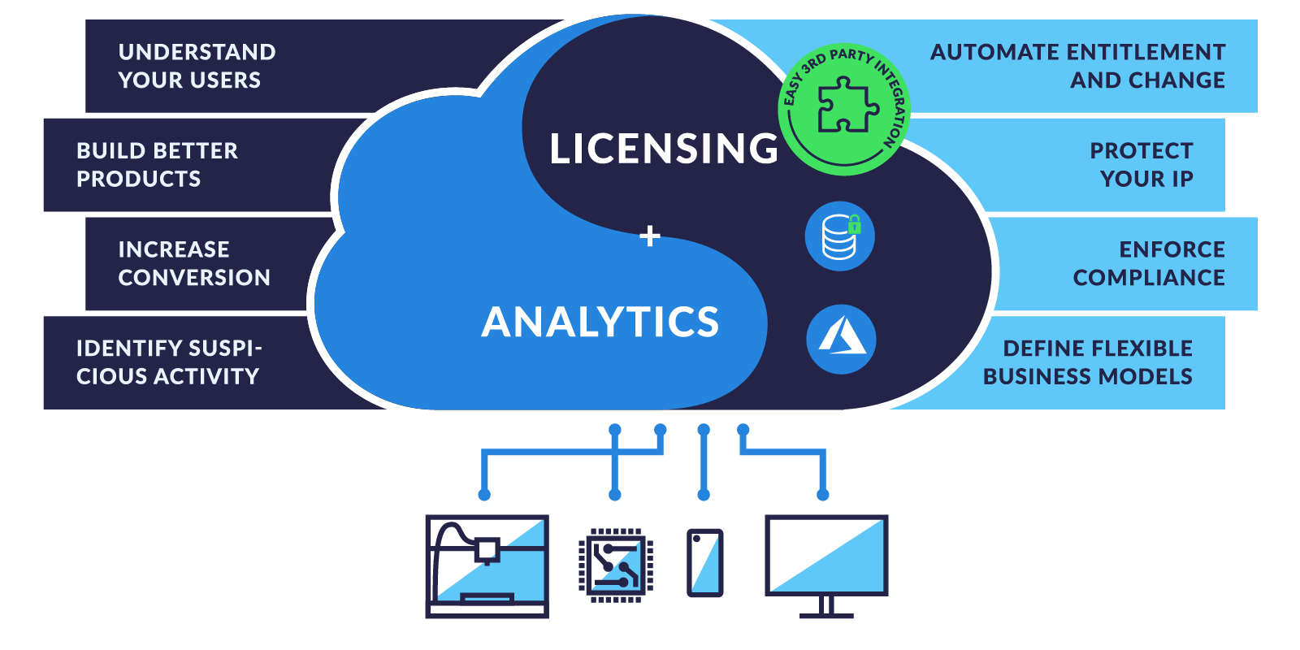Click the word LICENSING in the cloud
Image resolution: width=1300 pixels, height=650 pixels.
pyautogui.click(x=664, y=149)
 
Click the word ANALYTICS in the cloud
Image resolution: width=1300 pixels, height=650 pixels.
pyautogui.click(x=600, y=322)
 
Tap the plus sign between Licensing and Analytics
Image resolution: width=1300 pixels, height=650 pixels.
pyautogui.click(x=650, y=236)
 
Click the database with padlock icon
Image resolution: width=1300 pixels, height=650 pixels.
pyautogui.click(x=840, y=236)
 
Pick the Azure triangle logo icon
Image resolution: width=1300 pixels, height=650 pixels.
pyautogui.click(x=841, y=339)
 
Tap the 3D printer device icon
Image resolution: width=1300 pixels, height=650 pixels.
pyautogui.click(x=487, y=566)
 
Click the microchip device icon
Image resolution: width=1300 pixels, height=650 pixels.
pyautogui.click(x=616, y=565)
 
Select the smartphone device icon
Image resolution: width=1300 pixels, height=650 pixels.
pyautogui.click(x=704, y=563)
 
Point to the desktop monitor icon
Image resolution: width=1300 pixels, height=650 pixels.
pyautogui.click(x=826, y=561)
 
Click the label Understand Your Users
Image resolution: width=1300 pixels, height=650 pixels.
pyautogui.click(x=197, y=66)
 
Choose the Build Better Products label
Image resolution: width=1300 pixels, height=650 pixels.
pyautogui.click(x=157, y=164)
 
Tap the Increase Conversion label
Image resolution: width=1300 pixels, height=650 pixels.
pyautogui.click(x=194, y=263)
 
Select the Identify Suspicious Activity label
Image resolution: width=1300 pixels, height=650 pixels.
pyautogui.click(x=169, y=362)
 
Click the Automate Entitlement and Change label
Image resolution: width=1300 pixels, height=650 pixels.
pyautogui.click(x=1077, y=66)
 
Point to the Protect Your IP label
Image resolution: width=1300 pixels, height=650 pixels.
pyautogui.click(x=1141, y=164)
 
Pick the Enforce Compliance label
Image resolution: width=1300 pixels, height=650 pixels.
pyautogui.click(x=1149, y=263)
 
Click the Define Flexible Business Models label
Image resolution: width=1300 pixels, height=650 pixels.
pyautogui.click(x=1088, y=362)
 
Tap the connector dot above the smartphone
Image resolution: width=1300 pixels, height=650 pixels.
pyautogui.click(x=704, y=495)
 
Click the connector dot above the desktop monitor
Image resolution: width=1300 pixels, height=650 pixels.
pyautogui.click(x=823, y=495)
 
